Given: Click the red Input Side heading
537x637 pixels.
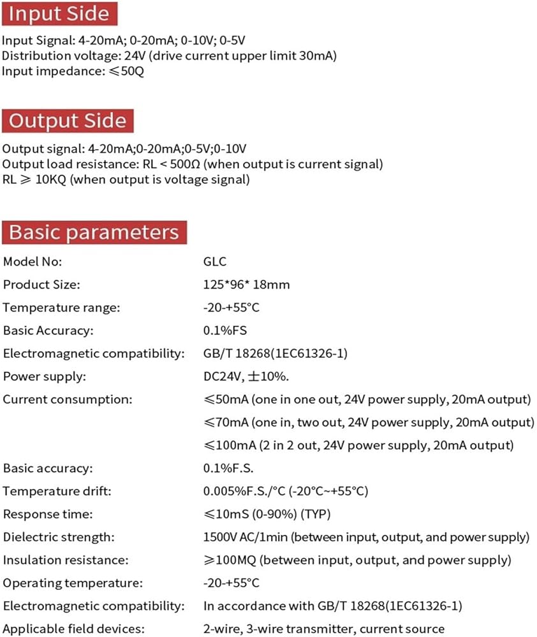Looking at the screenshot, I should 59,14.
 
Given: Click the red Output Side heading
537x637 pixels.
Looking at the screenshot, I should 67,120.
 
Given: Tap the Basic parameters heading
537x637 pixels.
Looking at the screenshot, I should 94,233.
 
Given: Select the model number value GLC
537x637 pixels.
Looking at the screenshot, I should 214,262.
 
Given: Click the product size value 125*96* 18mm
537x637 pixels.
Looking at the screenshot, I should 246,285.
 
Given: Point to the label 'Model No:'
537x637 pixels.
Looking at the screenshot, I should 33,262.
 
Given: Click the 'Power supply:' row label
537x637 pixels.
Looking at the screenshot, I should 44,376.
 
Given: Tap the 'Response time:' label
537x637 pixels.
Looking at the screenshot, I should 48,514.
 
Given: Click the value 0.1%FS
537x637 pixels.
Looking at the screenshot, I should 225,331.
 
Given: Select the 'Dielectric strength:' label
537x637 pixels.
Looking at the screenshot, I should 59,537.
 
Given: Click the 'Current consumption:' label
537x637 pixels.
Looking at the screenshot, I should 68,399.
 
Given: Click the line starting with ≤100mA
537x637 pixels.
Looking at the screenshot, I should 358,445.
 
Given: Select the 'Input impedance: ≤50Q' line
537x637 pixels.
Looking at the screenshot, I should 73,71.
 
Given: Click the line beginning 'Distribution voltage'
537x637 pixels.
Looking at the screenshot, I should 169,55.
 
